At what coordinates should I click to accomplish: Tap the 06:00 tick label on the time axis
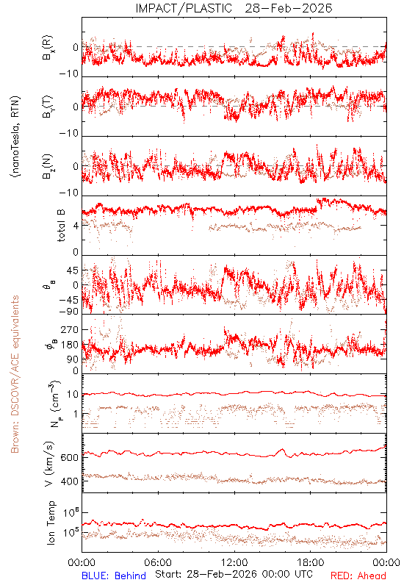click(x=158, y=562)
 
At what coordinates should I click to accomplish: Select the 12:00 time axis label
click(x=234, y=562)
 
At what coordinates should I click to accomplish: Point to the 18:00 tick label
click(x=311, y=562)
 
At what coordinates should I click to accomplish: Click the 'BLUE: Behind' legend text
click(x=114, y=576)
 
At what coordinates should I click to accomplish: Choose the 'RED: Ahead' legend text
click(x=358, y=576)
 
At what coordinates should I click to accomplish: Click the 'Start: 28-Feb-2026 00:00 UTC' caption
click(x=234, y=574)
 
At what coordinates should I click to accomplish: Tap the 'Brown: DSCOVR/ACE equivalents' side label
click(x=15, y=374)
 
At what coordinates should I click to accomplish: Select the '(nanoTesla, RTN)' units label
click(x=16, y=137)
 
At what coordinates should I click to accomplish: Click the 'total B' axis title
click(x=61, y=225)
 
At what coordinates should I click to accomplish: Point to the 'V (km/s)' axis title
click(x=49, y=464)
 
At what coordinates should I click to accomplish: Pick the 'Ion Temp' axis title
click(x=51, y=523)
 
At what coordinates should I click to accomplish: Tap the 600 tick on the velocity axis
click(x=69, y=457)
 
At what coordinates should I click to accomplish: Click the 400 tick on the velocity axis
click(x=69, y=481)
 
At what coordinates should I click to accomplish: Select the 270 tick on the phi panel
click(x=69, y=329)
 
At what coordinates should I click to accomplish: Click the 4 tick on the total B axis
click(x=76, y=226)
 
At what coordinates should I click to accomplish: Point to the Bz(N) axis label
click(x=48, y=166)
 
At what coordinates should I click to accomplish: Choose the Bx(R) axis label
click(x=48, y=47)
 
